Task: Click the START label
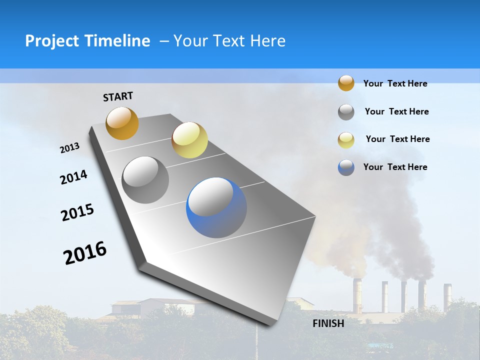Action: pyautogui.click(x=118, y=96)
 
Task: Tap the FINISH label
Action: pyautogui.click(x=328, y=323)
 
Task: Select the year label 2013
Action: pyautogui.click(x=69, y=148)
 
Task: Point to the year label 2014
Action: pyautogui.click(x=73, y=177)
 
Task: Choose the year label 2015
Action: pyautogui.click(x=77, y=212)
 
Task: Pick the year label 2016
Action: pyautogui.click(x=85, y=253)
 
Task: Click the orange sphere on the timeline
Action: pyautogui.click(x=122, y=123)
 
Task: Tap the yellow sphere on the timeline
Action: pyautogui.click(x=189, y=140)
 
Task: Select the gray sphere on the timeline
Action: pyautogui.click(x=145, y=180)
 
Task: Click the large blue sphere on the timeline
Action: pyautogui.click(x=216, y=207)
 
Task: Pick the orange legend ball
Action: pyautogui.click(x=346, y=83)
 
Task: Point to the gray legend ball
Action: pyautogui.click(x=346, y=112)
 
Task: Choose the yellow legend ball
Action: pyautogui.click(x=346, y=139)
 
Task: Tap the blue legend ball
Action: pyautogui.click(x=346, y=167)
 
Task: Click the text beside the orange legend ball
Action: pyautogui.click(x=395, y=83)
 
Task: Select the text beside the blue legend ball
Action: pyautogui.click(x=395, y=167)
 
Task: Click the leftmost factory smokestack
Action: pyautogui.click(x=357, y=295)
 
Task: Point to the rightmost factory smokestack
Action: pyautogui.click(x=447, y=295)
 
